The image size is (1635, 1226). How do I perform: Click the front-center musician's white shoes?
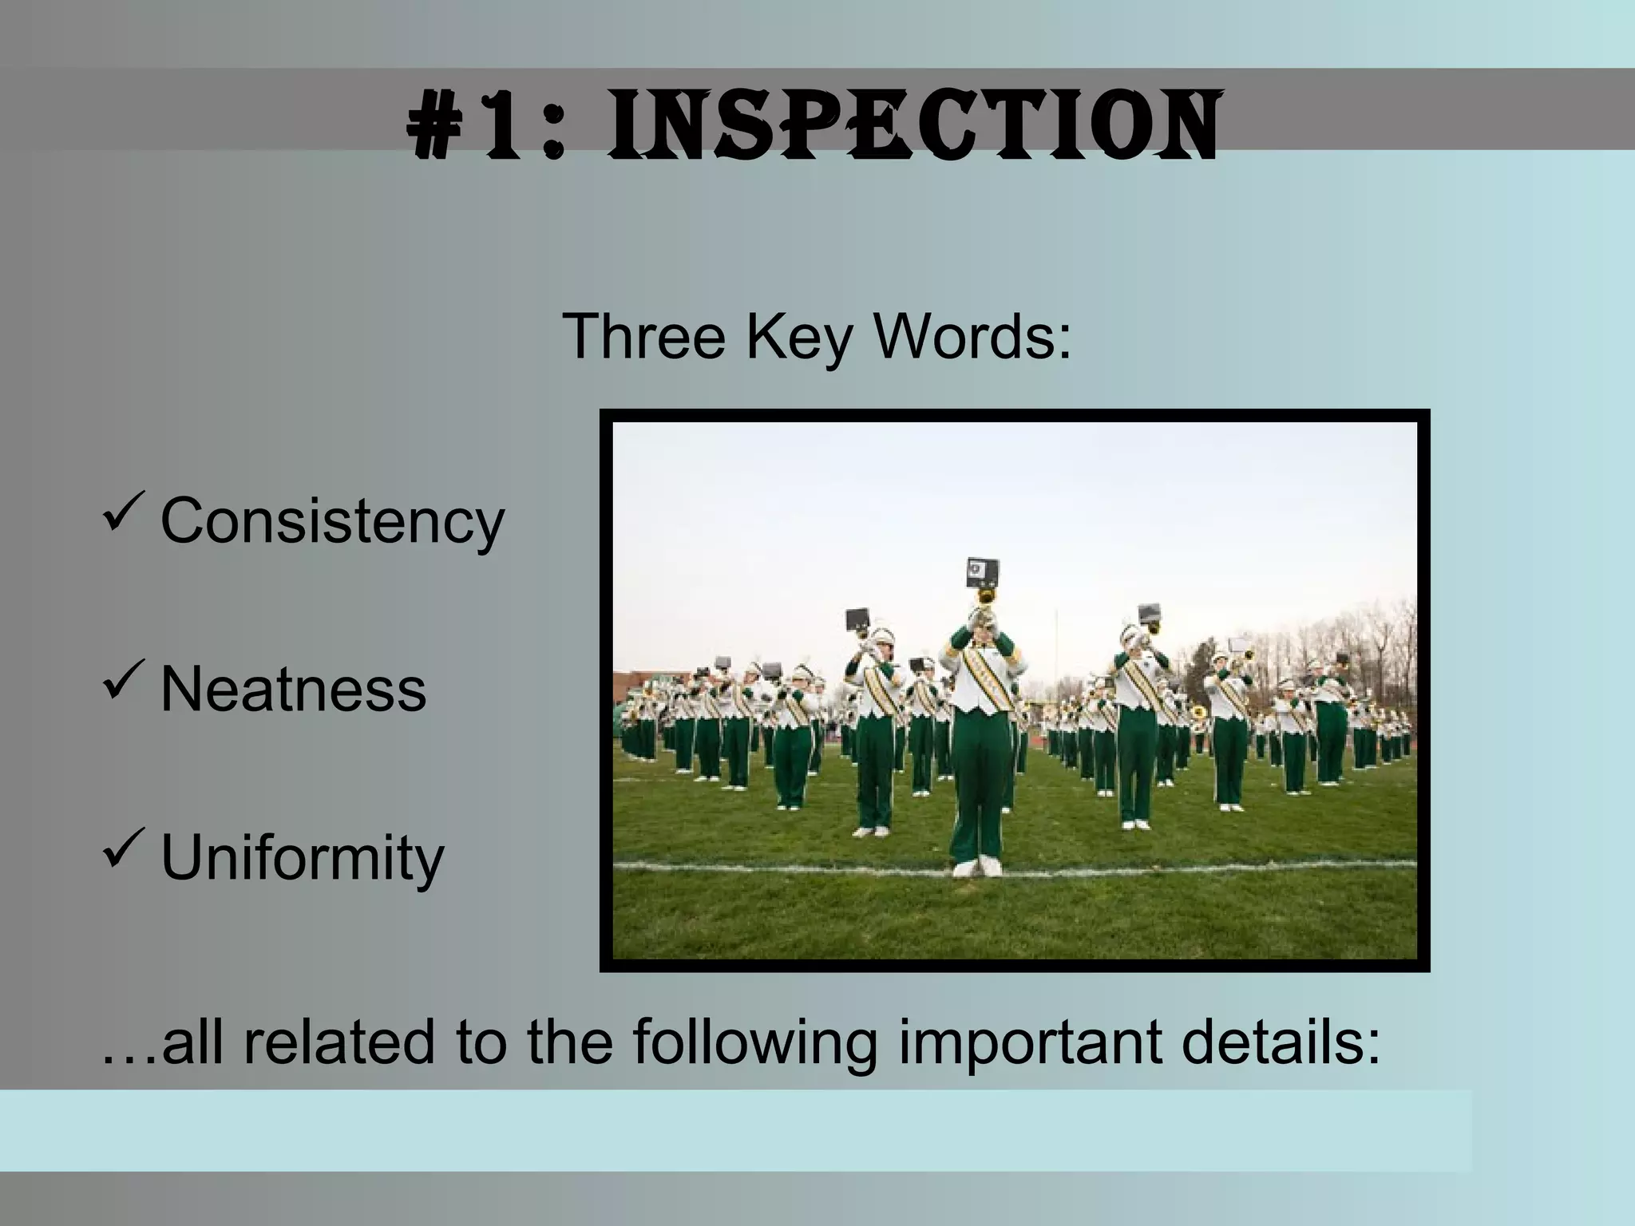point(979,867)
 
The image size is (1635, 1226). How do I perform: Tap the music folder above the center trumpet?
point(982,571)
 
